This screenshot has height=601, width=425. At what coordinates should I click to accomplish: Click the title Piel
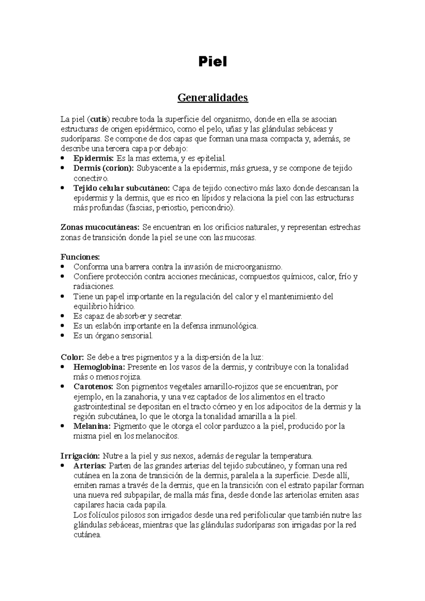click(212, 62)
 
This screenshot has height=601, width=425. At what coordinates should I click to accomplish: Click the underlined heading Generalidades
click(212, 97)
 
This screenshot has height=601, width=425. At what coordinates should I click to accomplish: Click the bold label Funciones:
click(80, 257)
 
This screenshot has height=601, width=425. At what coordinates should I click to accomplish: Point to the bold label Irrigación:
click(81, 456)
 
